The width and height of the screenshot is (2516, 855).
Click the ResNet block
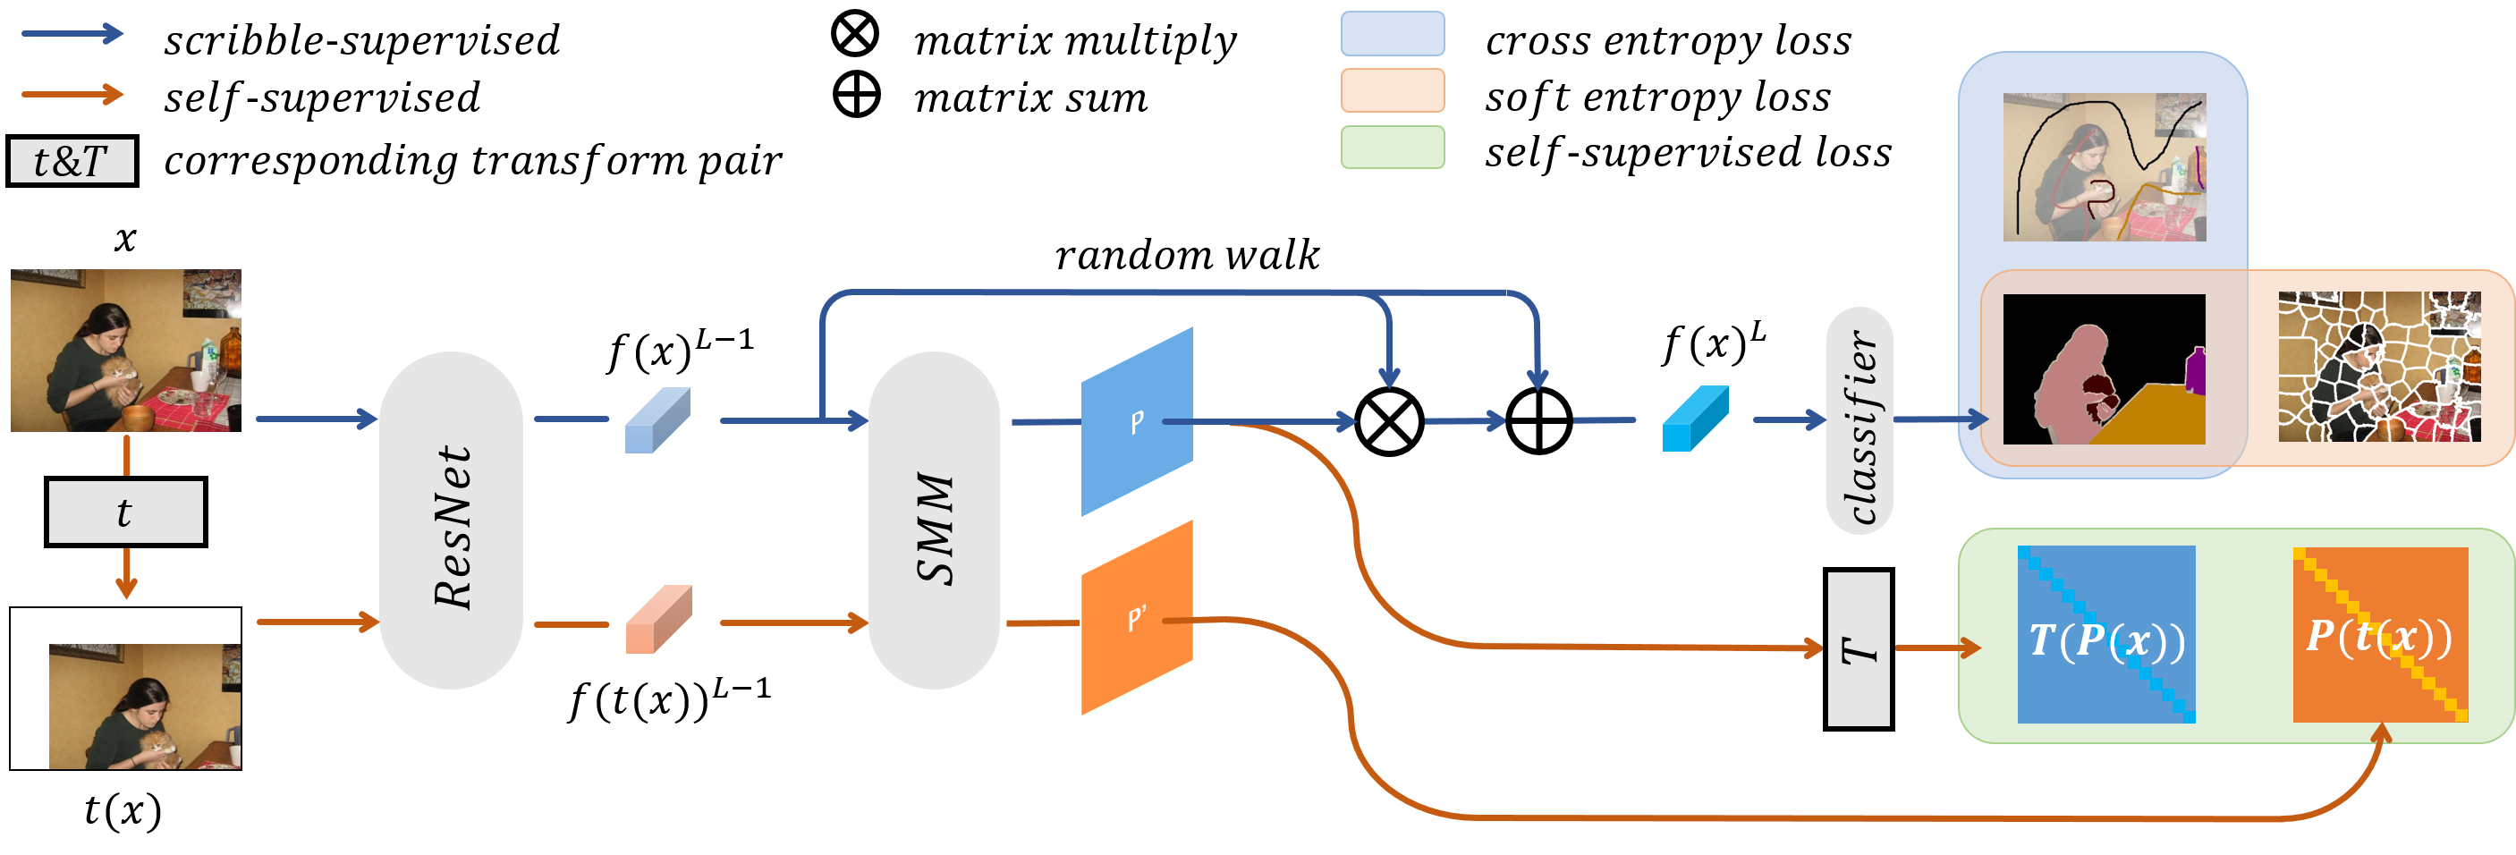452,521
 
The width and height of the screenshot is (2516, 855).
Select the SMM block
933,521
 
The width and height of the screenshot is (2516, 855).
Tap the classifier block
1859,421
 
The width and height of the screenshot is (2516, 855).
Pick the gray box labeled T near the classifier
1858,648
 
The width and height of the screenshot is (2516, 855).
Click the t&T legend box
72,161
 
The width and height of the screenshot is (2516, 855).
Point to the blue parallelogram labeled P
1137,422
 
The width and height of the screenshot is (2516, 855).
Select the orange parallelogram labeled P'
1137,619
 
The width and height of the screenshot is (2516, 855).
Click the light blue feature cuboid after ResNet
657,420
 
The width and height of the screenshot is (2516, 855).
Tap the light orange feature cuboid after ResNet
658,620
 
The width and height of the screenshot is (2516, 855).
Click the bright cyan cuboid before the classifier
1696,419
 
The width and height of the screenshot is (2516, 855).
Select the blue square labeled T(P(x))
2105,635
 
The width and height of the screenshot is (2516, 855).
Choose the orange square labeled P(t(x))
2379,635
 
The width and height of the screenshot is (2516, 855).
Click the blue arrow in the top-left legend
72,34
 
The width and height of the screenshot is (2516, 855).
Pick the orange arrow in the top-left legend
72,95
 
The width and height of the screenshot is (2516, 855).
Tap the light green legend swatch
1392,148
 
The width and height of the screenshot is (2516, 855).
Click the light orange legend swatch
1392,90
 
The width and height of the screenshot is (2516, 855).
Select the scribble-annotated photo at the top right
2104,167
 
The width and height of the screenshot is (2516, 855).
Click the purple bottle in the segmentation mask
2197,371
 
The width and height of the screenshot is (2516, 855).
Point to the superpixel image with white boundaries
2379,368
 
